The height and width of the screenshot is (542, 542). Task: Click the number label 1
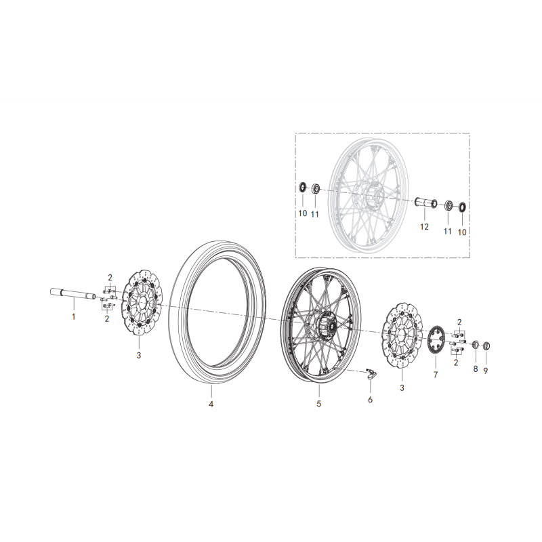click(75, 316)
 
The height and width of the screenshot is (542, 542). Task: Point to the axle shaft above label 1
click(75, 293)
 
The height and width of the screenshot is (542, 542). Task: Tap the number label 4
click(211, 404)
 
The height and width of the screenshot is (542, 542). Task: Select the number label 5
click(318, 404)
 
